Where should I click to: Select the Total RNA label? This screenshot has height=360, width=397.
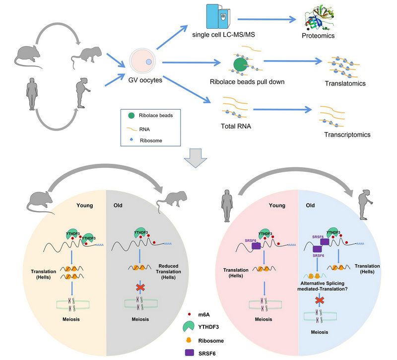pos(236,126)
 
